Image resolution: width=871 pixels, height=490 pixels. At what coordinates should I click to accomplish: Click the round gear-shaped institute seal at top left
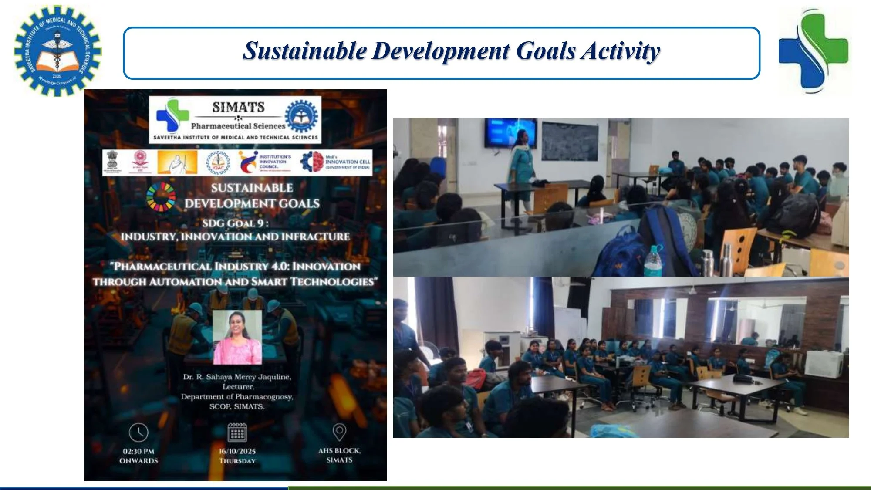pyautogui.click(x=57, y=51)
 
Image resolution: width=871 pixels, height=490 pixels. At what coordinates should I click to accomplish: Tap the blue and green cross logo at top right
pyautogui.click(x=813, y=51)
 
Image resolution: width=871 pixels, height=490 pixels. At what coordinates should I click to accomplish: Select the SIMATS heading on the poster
pyautogui.click(x=238, y=107)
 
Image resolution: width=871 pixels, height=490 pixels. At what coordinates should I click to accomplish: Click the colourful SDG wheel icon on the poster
pyautogui.click(x=161, y=197)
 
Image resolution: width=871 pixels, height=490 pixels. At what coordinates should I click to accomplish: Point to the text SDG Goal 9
pyautogui.click(x=235, y=223)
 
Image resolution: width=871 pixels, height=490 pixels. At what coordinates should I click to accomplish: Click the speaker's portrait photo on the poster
pyautogui.click(x=237, y=337)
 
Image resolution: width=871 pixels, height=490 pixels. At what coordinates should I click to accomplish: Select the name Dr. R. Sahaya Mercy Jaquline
pyautogui.click(x=237, y=377)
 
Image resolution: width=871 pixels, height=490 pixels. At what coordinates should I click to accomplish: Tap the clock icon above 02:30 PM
pyautogui.click(x=138, y=432)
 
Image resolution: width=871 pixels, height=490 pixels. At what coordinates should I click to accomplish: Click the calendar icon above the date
pyautogui.click(x=237, y=432)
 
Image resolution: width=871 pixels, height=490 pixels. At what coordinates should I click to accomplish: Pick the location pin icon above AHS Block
pyautogui.click(x=339, y=432)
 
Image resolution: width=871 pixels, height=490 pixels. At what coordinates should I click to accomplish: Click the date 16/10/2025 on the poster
pyautogui.click(x=237, y=451)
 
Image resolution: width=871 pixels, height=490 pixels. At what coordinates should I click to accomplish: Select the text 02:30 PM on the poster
pyautogui.click(x=138, y=451)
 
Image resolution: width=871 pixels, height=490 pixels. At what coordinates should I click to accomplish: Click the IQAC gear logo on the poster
pyautogui.click(x=218, y=162)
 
